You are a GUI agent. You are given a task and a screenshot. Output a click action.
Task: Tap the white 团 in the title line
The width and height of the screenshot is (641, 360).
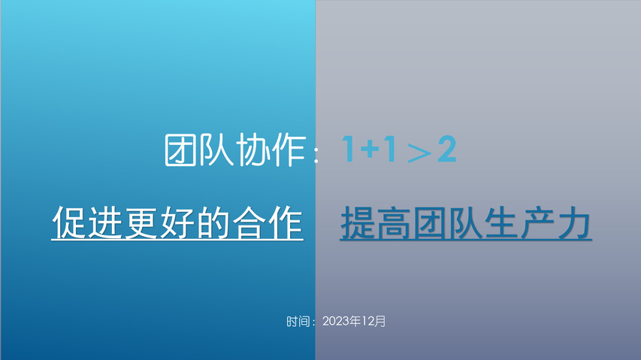point(181,150)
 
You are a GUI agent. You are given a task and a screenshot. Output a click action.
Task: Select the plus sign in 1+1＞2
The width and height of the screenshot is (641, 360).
point(373,148)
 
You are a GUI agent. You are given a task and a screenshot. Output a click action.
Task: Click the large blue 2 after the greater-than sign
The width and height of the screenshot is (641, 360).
point(447,149)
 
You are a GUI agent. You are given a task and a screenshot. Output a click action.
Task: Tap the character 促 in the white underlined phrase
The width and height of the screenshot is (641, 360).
point(69,222)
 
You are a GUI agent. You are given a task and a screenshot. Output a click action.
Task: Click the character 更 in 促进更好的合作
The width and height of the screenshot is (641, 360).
point(141,222)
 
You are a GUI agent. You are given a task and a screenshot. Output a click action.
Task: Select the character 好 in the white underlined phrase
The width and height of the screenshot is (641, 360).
point(177,222)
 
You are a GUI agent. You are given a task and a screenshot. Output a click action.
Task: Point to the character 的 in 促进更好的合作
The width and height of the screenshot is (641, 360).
point(213,222)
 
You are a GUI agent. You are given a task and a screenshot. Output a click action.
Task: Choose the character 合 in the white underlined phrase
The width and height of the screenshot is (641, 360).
point(249,222)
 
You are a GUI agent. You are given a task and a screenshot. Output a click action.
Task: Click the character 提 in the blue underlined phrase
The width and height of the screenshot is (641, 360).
point(358,222)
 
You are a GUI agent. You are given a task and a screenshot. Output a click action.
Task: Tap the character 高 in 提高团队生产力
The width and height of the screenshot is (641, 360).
point(394,222)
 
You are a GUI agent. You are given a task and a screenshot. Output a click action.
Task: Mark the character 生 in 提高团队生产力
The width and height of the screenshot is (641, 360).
point(502,222)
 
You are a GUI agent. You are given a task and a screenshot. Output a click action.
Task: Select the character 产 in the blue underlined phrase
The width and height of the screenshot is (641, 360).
point(538,222)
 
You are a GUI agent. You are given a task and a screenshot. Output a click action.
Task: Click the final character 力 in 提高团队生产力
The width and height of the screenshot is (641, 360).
point(574,222)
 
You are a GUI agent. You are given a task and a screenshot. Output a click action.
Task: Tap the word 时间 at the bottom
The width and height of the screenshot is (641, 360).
point(298,322)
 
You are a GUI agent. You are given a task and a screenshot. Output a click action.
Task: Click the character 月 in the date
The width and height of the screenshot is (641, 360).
point(379,321)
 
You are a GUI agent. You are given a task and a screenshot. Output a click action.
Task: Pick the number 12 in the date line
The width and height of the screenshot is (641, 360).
point(367,321)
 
